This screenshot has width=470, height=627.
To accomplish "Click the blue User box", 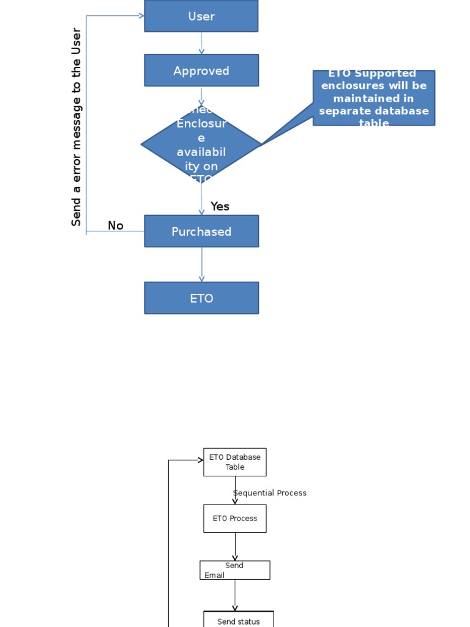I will (201, 16).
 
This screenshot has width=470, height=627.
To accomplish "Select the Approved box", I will (201, 70).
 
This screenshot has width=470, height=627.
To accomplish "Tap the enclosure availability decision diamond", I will (201, 145).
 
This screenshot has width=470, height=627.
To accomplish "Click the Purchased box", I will (201, 231).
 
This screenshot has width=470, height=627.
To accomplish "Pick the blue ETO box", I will (201, 298).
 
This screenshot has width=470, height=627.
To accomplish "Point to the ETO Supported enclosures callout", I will (374, 98).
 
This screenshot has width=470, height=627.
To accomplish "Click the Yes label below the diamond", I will (220, 206).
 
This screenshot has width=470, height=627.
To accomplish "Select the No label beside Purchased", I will (116, 226).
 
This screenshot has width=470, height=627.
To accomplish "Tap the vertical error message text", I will (76, 127).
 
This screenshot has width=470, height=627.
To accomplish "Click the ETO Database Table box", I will (235, 462).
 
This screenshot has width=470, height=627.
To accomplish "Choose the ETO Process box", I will (235, 519).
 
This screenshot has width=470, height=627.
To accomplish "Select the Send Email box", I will (235, 570).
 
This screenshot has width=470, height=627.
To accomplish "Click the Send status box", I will (239, 620).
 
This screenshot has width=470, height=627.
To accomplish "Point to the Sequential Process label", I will (270, 493).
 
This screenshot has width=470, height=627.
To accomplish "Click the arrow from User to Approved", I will (201, 43).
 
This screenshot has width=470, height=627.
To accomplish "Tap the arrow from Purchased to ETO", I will (201, 265).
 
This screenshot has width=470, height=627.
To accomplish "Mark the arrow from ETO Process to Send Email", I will (235, 547).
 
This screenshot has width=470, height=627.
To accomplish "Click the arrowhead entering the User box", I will (141, 16).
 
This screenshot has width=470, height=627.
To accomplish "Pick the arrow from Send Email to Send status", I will (235, 595).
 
